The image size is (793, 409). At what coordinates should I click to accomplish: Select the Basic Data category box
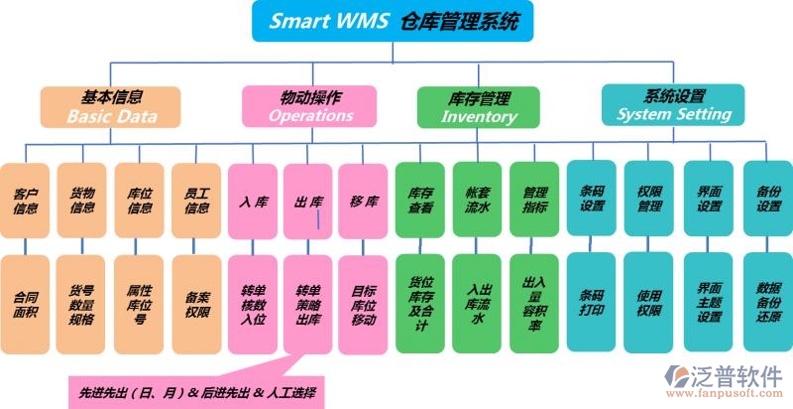pos(111,107)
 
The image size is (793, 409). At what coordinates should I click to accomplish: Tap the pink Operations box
pos(309,105)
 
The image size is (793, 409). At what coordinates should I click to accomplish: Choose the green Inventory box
pos(478,107)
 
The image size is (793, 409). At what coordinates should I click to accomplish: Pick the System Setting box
pos(673,105)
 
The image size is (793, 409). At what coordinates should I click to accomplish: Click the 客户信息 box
pos(26,200)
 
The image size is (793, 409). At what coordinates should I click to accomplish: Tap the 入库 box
pos(252,200)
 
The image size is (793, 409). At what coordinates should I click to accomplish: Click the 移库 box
pos(363,200)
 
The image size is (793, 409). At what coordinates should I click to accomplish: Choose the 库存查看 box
pos(420,200)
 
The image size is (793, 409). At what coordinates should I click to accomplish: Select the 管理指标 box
pos(535,200)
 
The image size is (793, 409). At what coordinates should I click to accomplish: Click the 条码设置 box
pos(592,200)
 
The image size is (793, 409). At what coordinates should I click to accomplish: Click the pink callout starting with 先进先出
pos(193,390)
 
